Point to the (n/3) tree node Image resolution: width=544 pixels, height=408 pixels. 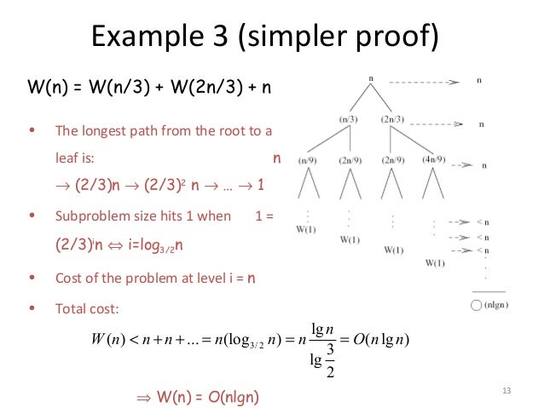(347, 120)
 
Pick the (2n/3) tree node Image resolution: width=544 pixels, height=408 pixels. (392, 120)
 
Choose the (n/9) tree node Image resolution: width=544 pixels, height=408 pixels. (310, 158)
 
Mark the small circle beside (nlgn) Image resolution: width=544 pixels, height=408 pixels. (475, 303)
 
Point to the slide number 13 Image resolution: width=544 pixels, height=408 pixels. (506, 391)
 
